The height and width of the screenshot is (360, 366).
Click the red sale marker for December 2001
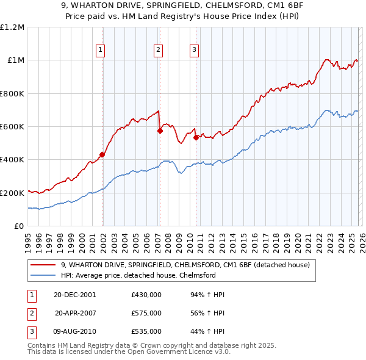[x=102, y=155]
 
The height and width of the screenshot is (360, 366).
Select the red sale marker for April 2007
[x=160, y=131]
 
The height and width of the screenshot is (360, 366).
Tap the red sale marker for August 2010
[x=196, y=137]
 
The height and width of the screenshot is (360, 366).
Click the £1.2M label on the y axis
[x=12, y=27]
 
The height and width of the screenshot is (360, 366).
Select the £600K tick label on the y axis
[x=12, y=127]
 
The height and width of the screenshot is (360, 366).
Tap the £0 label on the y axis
[x=19, y=226]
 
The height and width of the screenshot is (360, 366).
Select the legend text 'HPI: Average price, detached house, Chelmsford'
[x=138, y=275]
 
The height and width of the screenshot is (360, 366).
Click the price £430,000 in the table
[x=146, y=294]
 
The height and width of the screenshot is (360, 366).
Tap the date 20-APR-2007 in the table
[x=76, y=313]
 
